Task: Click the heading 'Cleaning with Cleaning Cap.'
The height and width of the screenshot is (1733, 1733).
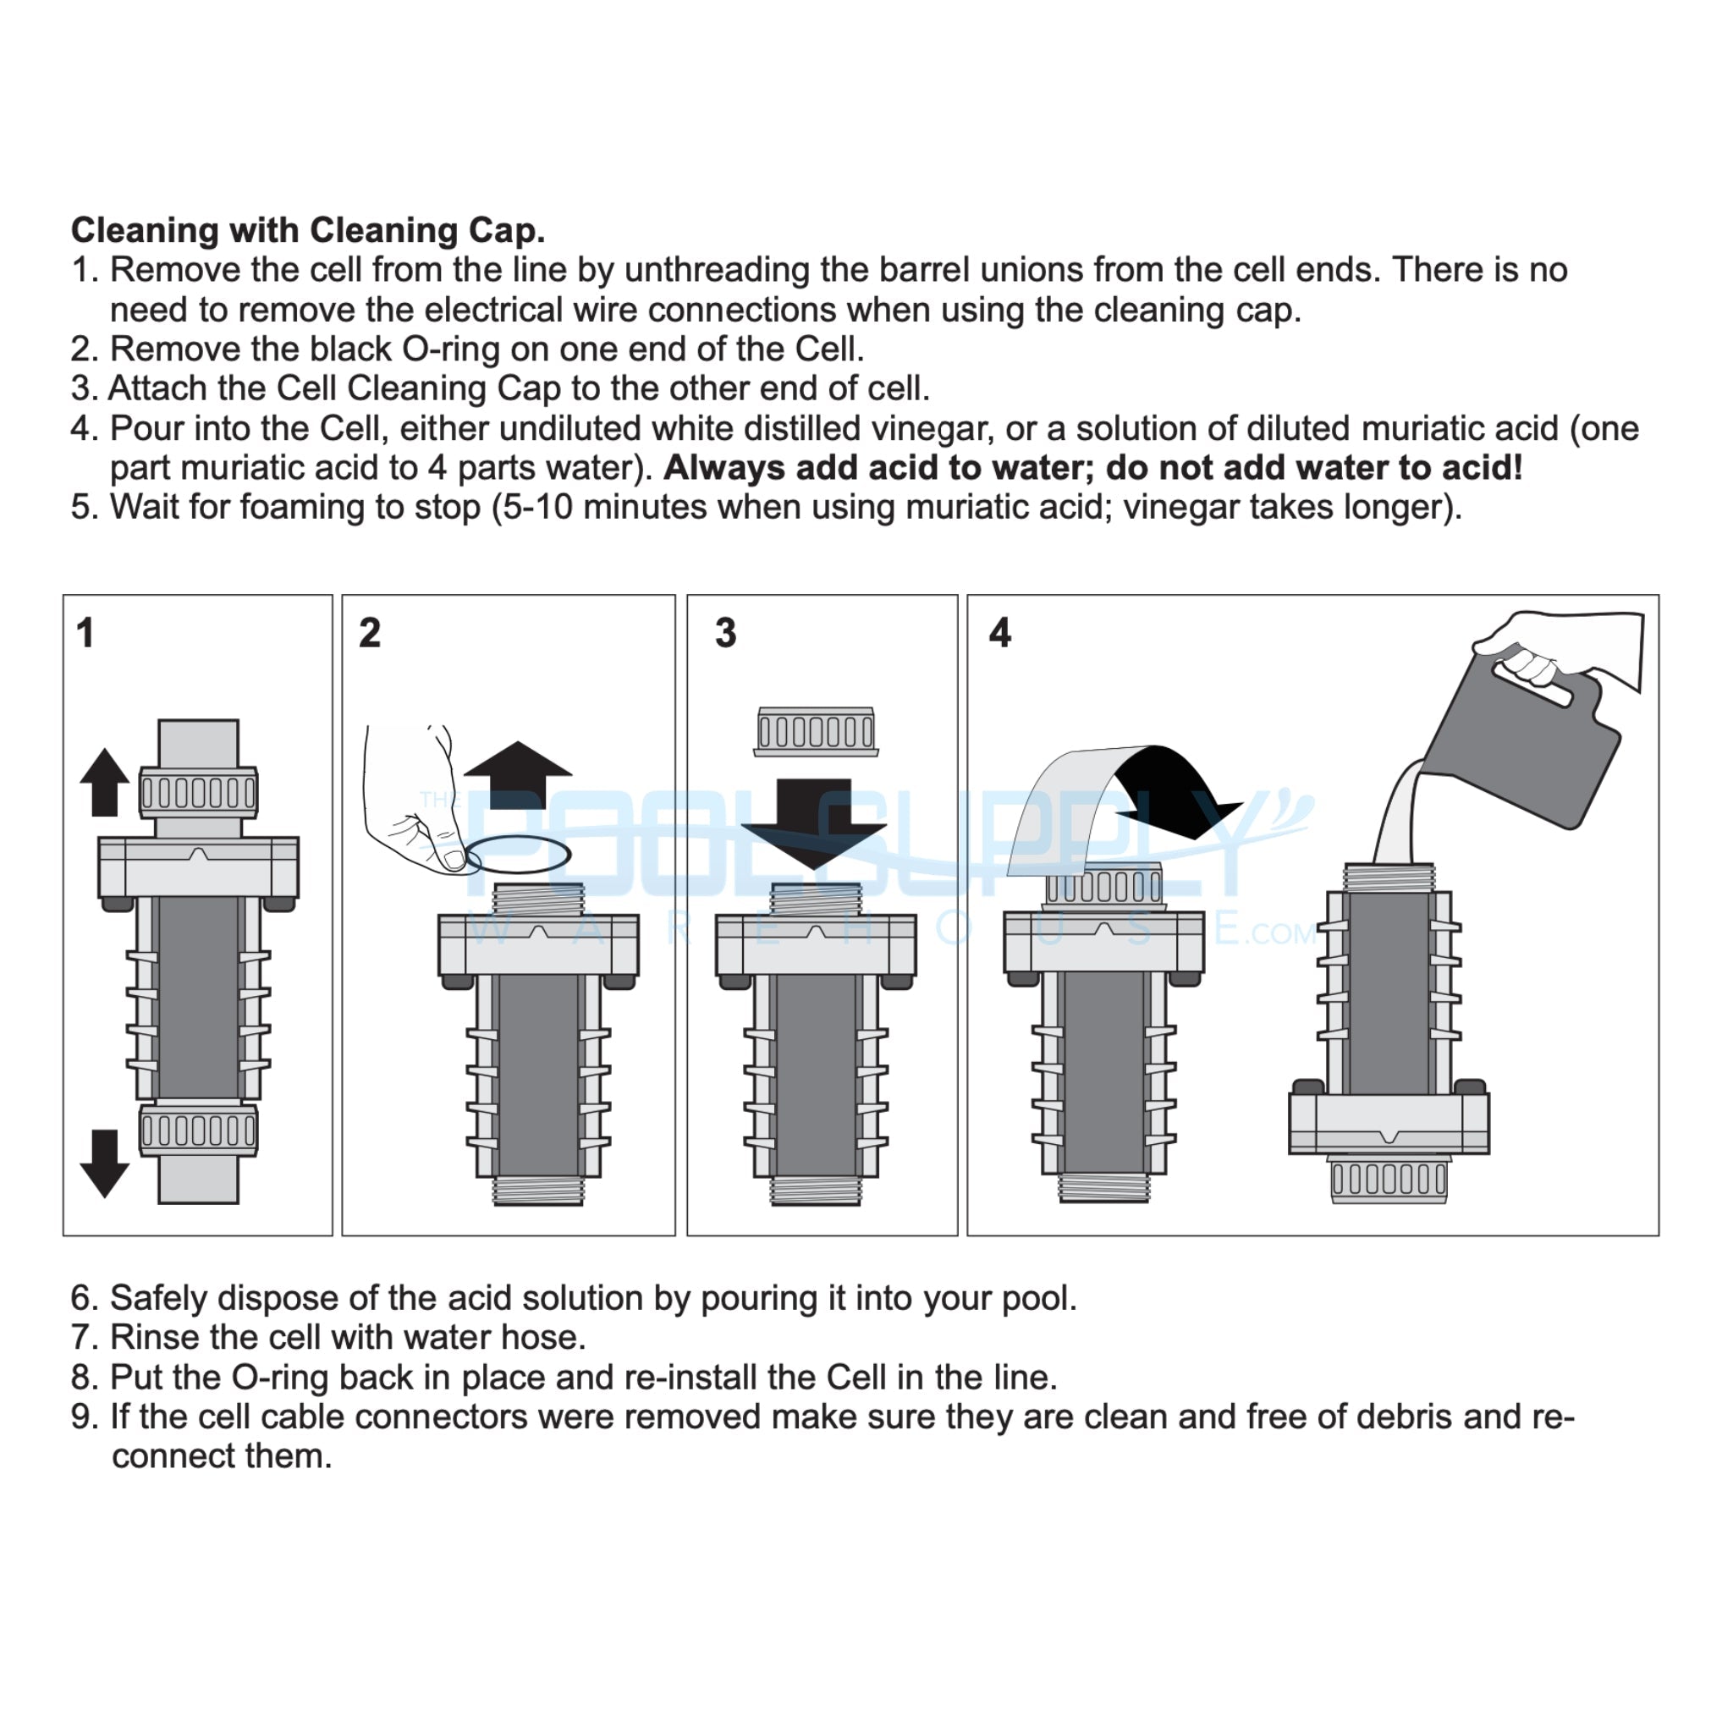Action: click(308, 230)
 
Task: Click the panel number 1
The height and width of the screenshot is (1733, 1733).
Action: click(85, 633)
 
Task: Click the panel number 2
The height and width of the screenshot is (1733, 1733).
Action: click(370, 633)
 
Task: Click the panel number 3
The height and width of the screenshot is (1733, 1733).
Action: click(726, 633)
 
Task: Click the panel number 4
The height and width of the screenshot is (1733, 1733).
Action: click(1000, 633)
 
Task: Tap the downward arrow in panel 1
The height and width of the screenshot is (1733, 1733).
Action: click(105, 1163)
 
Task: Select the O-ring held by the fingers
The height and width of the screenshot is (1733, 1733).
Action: click(519, 853)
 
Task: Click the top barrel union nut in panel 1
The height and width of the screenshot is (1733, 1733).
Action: click(198, 792)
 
